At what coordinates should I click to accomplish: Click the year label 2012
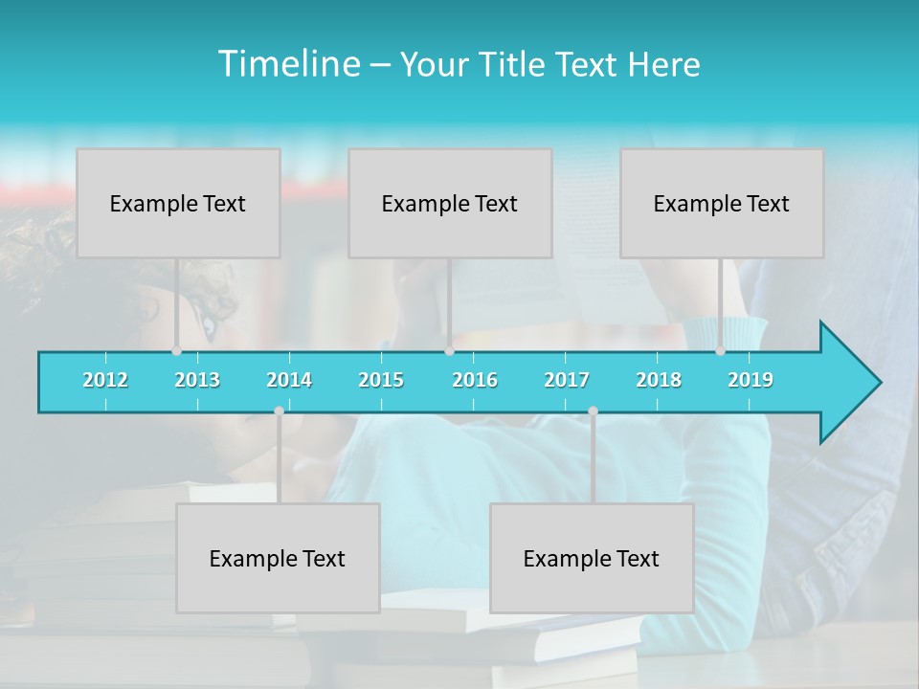105,380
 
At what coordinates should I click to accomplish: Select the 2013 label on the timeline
197,380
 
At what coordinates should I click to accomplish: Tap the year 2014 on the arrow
289,380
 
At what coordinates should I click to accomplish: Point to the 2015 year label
381,380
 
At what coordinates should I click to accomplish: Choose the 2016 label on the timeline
475,380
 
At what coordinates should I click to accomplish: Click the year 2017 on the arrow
567,380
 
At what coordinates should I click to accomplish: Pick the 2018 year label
659,380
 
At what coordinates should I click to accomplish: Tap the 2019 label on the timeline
751,380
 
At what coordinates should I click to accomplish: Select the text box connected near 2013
178,203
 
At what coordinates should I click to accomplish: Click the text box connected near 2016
450,203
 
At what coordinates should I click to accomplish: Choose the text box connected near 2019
722,203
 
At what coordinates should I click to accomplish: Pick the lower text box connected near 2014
278,558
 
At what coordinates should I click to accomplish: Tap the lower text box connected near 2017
592,558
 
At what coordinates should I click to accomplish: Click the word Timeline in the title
288,64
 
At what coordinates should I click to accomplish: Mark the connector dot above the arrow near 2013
176,351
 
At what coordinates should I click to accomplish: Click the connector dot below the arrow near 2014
279,411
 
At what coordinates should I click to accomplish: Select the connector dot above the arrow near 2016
449,351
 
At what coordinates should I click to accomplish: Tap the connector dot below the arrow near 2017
593,411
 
